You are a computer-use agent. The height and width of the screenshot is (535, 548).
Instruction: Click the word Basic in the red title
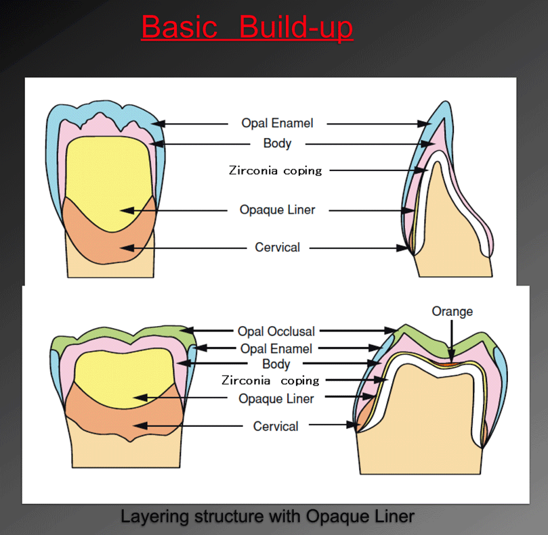[x=180, y=27]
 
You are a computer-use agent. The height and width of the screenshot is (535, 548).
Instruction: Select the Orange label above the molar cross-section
[x=452, y=311]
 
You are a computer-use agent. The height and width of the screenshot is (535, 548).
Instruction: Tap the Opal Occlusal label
[x=276, y=331]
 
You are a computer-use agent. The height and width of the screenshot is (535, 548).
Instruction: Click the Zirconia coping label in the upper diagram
[x=276, y=170]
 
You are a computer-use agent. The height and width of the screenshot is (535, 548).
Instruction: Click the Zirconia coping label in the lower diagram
[x=270, y=380]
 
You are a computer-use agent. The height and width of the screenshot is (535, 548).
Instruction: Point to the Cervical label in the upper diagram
[x=278, y=248]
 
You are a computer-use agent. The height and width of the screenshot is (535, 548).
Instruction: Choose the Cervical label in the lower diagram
[x=276, y=427]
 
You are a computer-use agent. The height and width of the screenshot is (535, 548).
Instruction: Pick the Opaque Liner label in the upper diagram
[x=278, y=210]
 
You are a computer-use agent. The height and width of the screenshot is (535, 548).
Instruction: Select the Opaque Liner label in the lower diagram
[x=276, y=398]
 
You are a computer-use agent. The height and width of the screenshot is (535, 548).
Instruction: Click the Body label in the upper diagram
[x=277, y=143]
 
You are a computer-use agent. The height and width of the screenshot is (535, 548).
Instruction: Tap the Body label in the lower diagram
[x=276, y=364]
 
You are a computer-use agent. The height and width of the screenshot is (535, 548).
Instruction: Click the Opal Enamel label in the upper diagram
[x=277, y=123]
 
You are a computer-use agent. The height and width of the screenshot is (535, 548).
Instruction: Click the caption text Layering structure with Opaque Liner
[x=268, y=517]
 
